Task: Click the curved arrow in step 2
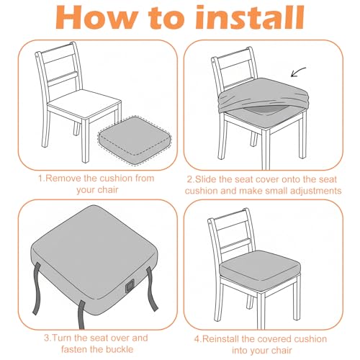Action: coord(298,72)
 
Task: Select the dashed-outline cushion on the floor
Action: coord(135,140)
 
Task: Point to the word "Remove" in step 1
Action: coord(63,179)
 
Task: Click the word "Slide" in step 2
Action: coord(206,179)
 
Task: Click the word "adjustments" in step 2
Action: coord(316,191)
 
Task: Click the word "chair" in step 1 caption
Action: coord(108,190)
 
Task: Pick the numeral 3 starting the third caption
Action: coord(46,338)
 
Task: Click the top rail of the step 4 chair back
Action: coord(230,215)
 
